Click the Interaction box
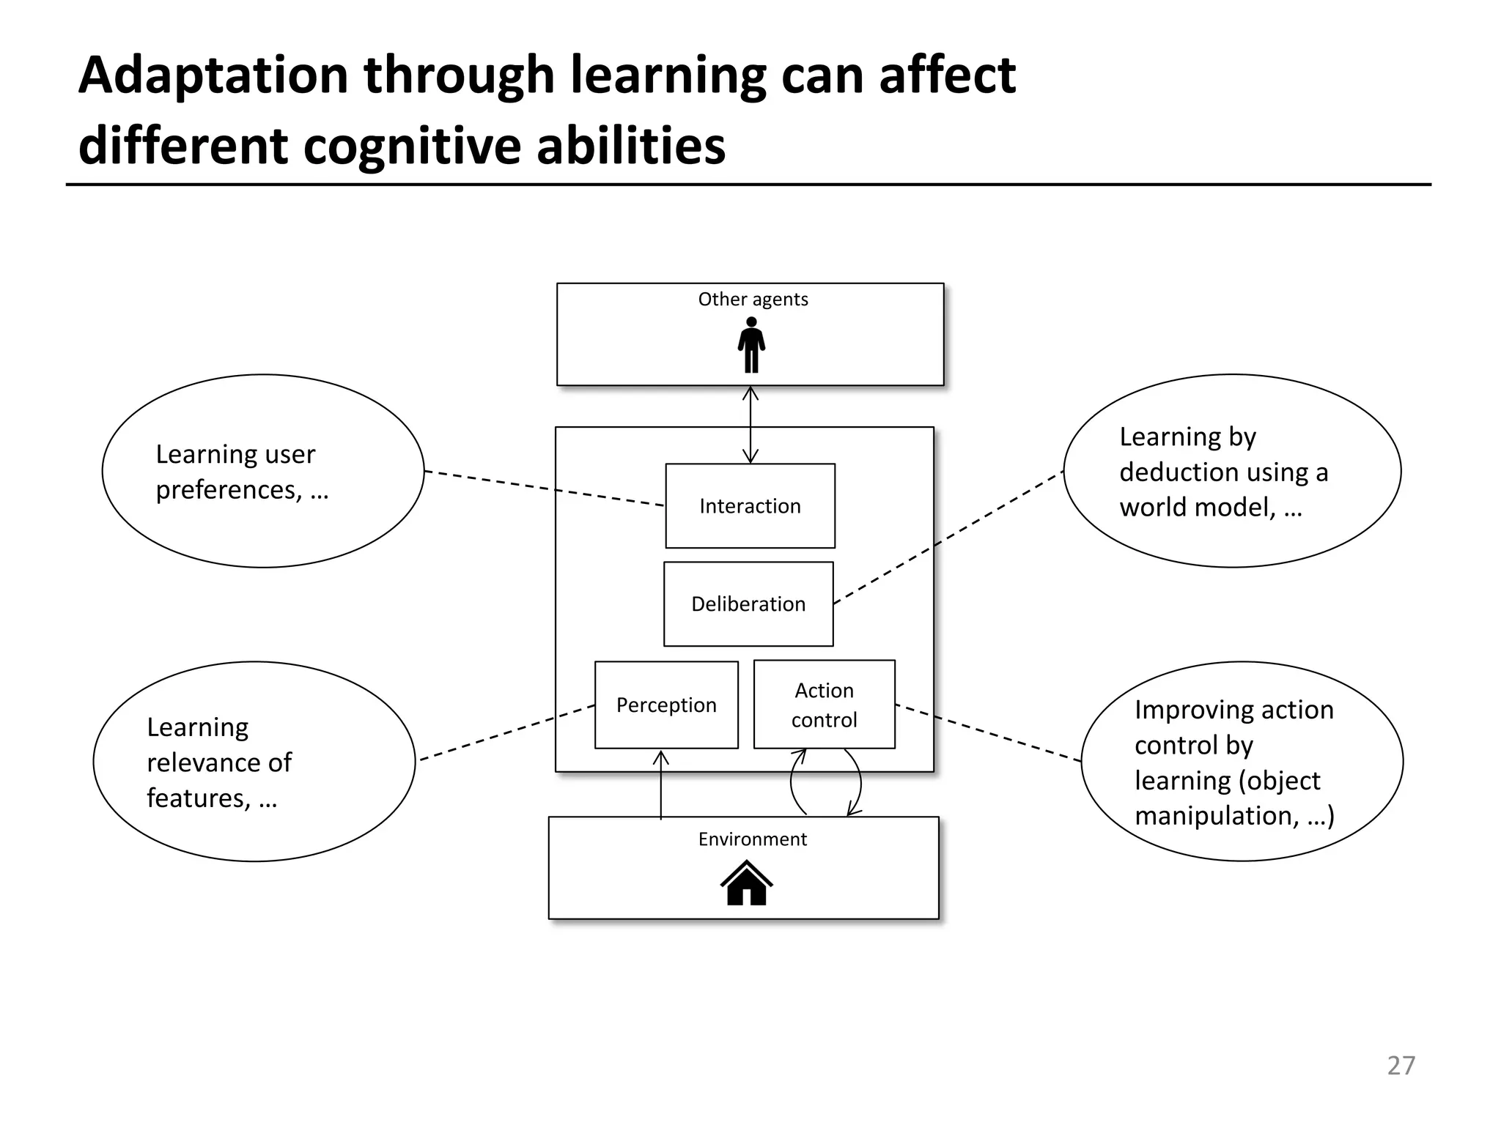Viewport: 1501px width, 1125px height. (750, 505)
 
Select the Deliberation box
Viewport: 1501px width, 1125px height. (748, 604)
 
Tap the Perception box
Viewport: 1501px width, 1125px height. (666, 705)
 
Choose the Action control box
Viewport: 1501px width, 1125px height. (824, 705)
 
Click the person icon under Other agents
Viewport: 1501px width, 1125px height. (751, 345)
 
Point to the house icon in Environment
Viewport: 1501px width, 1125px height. (746, 883)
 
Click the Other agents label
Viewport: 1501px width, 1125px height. (753, 299)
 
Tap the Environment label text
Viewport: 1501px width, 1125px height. (752, 839)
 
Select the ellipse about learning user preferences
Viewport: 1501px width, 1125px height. (263, 471)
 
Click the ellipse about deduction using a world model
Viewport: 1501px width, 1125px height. (1232, 471)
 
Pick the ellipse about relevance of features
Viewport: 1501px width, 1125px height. (254, 762)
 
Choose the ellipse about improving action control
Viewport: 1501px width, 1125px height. (1242, 762)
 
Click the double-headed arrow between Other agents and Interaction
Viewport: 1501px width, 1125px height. (750, 425)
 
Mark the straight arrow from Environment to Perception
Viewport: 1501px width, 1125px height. (661, 787)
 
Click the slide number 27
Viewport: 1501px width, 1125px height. (1401, 1065)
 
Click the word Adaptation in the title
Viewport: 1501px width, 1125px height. (213, 75)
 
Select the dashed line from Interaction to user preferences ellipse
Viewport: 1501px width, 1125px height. (544, 489)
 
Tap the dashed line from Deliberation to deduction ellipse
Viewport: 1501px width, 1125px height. (948, 538)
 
